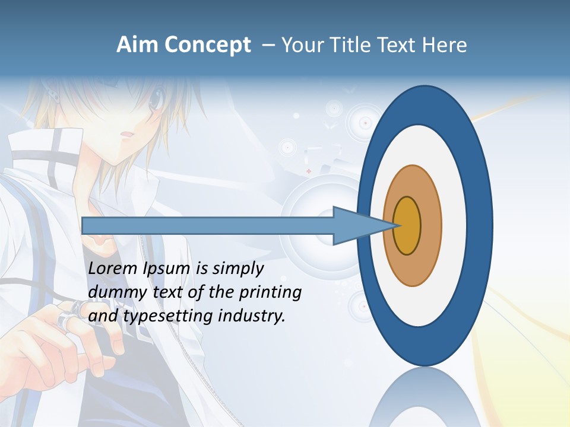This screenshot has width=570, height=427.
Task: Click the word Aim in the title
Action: pyautogui.click(x=137, y=45)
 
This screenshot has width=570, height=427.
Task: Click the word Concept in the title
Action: pyautogui.click(x=207, y=45)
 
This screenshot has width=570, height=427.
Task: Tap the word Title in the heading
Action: pyautogui.click(x=351, y=45)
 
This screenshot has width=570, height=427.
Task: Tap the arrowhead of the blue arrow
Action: pyautogui.click(x=362, y=225)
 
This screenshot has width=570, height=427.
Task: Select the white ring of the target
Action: pyautogui.click(x=454, y=225)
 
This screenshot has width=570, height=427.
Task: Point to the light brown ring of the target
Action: pyautogui.click(x=432, y=225)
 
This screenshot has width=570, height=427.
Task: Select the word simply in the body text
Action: pyautogui.click(x=237, y=268)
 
